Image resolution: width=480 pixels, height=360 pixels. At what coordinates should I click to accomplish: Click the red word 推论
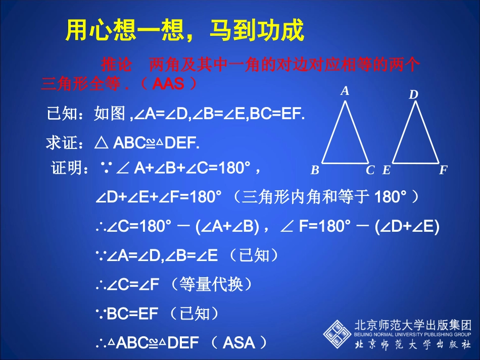116,65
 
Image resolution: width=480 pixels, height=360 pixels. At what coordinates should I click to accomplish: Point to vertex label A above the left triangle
345,91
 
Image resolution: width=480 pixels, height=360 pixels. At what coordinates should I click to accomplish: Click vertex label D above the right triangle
413,94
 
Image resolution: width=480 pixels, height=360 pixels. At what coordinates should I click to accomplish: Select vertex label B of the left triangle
315,170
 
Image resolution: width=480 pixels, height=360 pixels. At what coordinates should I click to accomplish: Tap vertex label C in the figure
370,170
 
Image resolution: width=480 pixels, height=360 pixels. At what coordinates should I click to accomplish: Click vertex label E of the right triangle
387,170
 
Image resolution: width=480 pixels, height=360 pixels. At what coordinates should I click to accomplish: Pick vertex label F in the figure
443,170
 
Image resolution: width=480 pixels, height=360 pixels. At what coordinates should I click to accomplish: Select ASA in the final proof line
238,343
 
